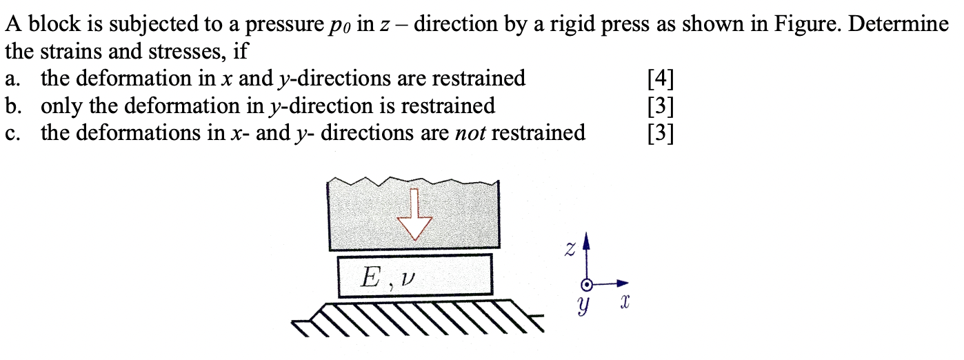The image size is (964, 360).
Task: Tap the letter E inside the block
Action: point(370,278)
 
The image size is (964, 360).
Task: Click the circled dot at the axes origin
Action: point(587,283)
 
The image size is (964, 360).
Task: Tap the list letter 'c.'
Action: point(13,132)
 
